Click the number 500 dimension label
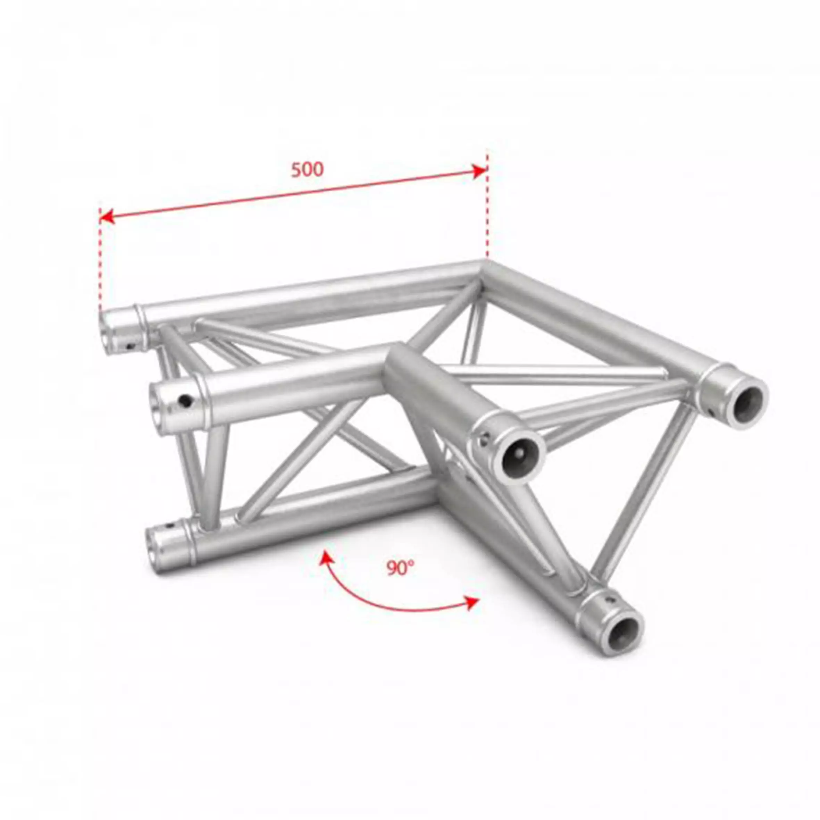pos(307,170)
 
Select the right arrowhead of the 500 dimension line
pos(480,171)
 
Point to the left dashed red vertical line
pos(100,263)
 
